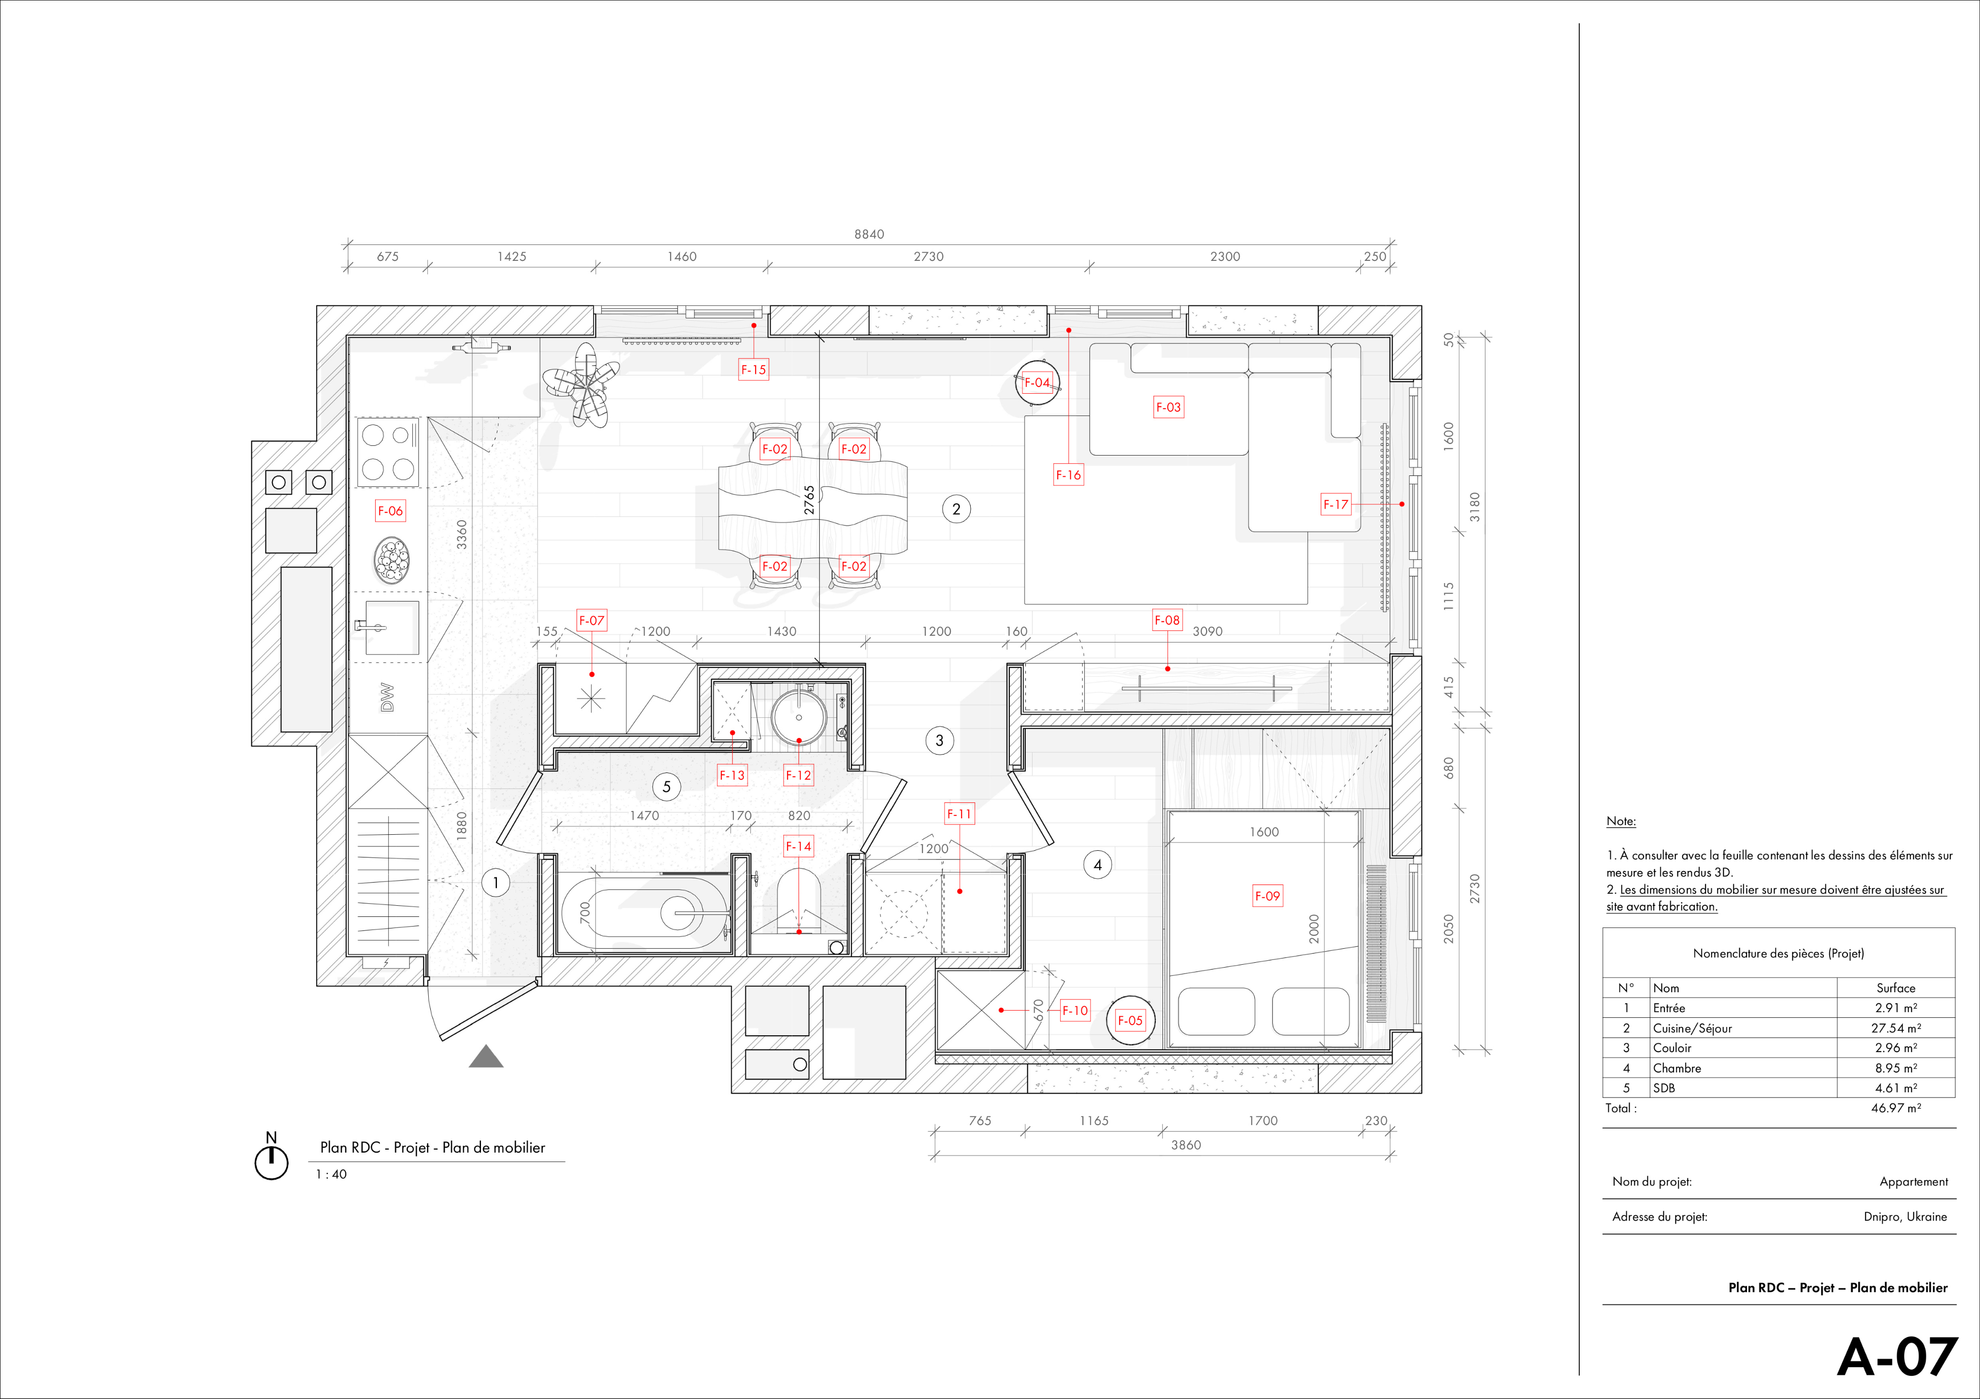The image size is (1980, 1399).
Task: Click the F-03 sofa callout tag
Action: click(x=1168, y=407)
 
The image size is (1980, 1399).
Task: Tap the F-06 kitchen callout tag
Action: click(x=390, y=510)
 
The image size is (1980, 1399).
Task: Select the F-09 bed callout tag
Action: click(x=1267, y=896)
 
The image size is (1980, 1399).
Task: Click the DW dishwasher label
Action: click(x=387, y=698)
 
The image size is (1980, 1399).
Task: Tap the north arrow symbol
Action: click(x=272, y=1157)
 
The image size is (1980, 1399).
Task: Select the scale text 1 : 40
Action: click(x=331, y=1174)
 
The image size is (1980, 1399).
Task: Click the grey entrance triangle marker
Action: click(x=486, y=1057)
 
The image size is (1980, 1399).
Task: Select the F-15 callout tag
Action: click(x=754, y=370)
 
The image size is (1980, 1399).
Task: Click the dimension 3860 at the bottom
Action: click(x=1186, y=1145)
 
